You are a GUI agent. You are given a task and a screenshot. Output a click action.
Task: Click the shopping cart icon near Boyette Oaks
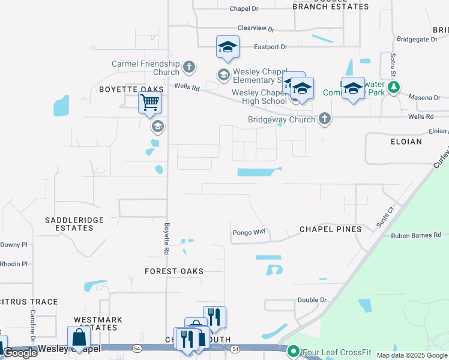tap(149, 102)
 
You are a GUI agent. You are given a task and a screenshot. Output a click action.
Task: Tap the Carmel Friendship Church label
tap(146, 68)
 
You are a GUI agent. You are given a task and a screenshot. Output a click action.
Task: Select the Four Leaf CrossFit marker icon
tap(294, 351)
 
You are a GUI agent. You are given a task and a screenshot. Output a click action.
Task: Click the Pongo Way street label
tap(249, 232)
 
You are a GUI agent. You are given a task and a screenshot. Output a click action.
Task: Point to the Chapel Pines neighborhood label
tap(330, 229)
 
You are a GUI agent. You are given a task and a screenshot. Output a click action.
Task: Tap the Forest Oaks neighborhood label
tap(174, 271)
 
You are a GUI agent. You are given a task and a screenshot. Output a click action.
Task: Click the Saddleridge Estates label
tap(70, 224)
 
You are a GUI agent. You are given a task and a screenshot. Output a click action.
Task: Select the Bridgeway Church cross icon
tap(324, 119)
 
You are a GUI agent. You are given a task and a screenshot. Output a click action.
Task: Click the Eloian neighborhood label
tap(406, 142)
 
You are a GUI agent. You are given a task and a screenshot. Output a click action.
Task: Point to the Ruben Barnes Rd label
tap(416, 235)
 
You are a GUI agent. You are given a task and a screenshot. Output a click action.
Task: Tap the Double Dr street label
tap(312, 299)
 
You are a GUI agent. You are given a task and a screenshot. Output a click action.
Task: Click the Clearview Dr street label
tap(256, 28)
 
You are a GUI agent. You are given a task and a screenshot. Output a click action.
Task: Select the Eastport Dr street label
tap(271, 46)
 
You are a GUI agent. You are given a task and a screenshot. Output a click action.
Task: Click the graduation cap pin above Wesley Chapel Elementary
tap(228, 47)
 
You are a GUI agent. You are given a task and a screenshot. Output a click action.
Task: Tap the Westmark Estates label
tap(98, 323)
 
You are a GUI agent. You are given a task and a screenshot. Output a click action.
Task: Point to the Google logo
tap(20, 353)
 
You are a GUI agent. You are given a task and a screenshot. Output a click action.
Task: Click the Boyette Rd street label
tap(167, 237)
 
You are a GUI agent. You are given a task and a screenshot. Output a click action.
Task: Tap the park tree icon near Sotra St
tap(394, 88)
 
